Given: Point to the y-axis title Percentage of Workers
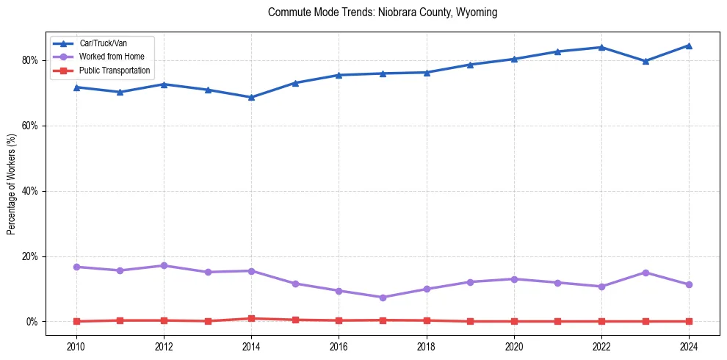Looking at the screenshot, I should (12, 183).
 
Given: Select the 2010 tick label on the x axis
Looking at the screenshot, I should (76, 347).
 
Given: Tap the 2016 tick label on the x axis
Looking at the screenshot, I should (339, 347).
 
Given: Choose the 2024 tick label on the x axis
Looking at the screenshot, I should (689, 347).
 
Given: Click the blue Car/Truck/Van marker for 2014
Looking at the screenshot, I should (251, 97).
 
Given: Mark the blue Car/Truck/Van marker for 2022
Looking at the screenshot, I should (601, 47).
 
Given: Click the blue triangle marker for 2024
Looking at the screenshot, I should (689, 46).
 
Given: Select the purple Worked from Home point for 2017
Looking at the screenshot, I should (383, 298).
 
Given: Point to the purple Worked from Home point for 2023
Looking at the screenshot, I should (645, 273).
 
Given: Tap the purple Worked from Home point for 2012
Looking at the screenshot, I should (164, 265).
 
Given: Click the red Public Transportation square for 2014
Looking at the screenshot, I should (251, 319).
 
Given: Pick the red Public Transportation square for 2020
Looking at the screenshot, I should (514, 321).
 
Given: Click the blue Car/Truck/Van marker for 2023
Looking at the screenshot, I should (645, 61).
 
